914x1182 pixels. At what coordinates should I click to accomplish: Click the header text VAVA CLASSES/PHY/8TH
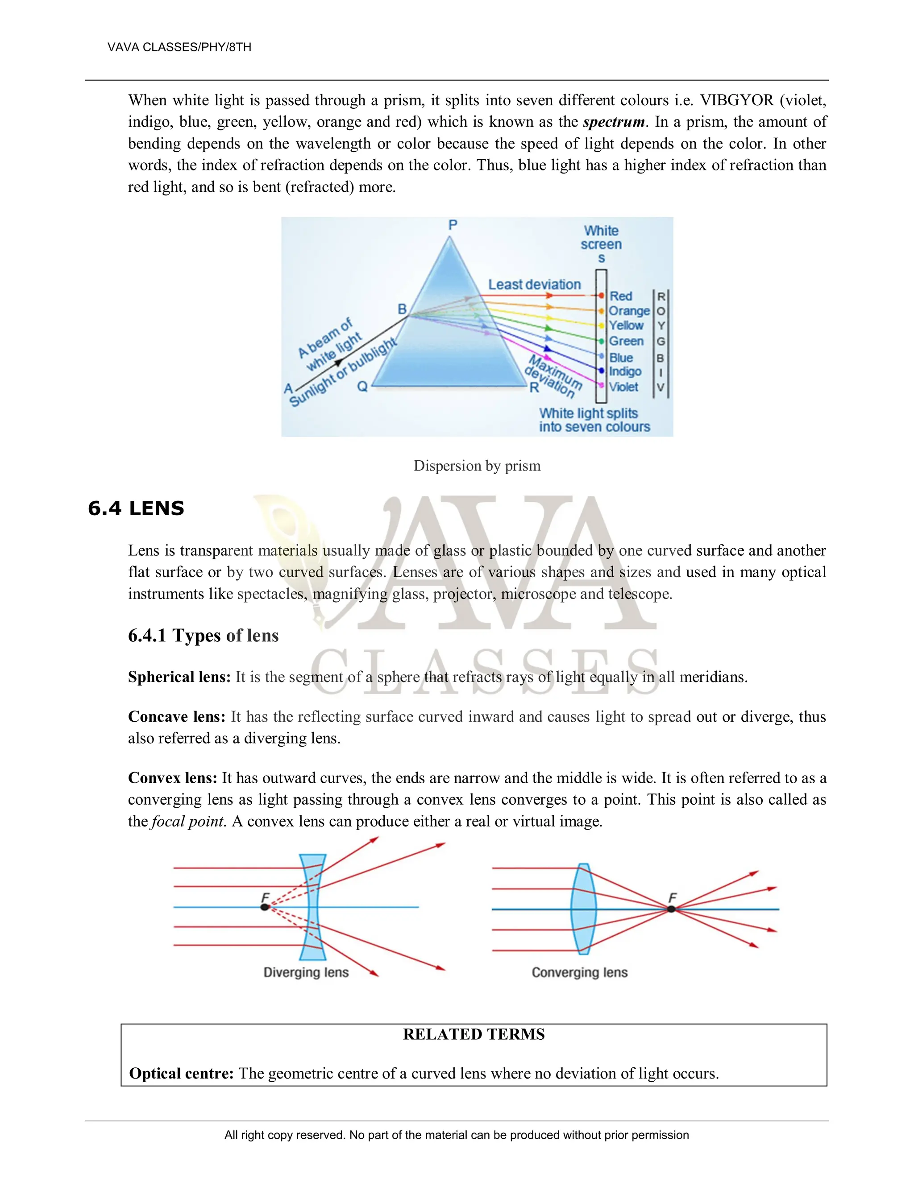[179, 47]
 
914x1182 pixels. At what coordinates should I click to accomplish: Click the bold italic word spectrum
[614, 122]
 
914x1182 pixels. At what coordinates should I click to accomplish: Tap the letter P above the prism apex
[453, 225]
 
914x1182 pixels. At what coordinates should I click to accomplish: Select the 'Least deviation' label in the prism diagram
[534, 285]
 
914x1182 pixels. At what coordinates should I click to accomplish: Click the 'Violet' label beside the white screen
[623, 387]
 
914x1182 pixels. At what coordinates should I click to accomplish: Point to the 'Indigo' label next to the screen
[625, 372]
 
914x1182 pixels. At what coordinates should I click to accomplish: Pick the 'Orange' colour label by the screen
[629, 311]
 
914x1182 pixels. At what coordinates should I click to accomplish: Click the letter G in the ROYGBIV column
[661, 342]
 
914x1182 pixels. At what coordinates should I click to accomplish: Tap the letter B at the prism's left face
[402, 309]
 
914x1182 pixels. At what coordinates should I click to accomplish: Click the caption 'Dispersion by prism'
[477, 466]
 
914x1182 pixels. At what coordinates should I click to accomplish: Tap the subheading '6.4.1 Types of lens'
[203, 635]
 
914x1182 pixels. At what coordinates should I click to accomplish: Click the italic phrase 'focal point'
[187, 821]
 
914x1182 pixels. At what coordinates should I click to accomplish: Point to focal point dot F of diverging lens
[265, 907]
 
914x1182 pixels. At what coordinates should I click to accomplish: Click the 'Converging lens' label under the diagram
[579, 972]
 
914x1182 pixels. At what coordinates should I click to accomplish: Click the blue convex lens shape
[584, 909]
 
